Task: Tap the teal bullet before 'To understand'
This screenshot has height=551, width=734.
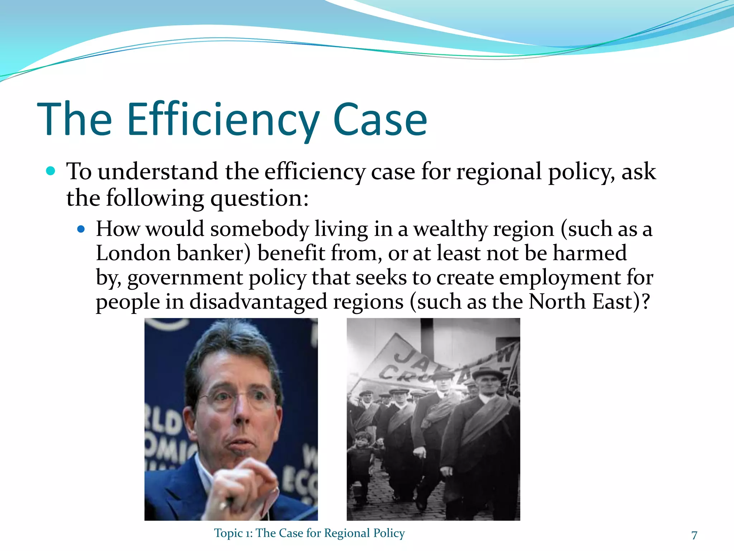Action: (x=51, y=171)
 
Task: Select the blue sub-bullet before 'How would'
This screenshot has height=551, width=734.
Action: (x=81, y=229)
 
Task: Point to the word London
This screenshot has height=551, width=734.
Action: (x=133, y=253)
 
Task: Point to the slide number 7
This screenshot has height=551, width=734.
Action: (x=694, y=535)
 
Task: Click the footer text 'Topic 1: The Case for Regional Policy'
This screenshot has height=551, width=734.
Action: (x=309, y=533)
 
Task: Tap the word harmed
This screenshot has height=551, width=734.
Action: (x=590, y=253)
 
